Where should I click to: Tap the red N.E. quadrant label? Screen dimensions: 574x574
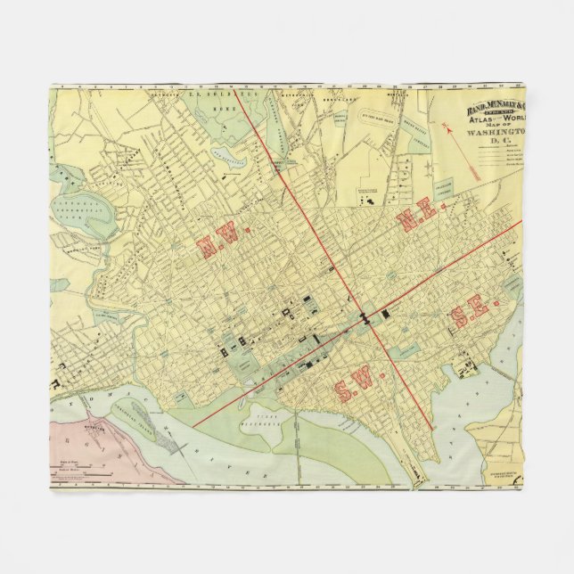click(416, 214)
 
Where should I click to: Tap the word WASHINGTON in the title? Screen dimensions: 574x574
click(500, 136)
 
